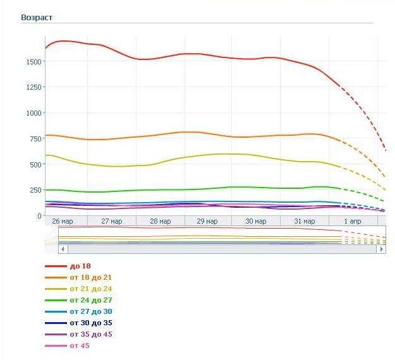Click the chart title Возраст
pos(36,17)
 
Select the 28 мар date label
pos(161,222)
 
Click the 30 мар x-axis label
pos(257,222)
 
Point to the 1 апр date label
pos(353,222)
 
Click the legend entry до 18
pos(80,267)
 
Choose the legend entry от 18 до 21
pos(91,278)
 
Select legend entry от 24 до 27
pos(91,301)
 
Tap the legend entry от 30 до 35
pos(91,323)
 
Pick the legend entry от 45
pos(80,346)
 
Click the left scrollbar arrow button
pos(63,249)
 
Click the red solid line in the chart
pos(190,54)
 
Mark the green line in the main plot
pos(190,189)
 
